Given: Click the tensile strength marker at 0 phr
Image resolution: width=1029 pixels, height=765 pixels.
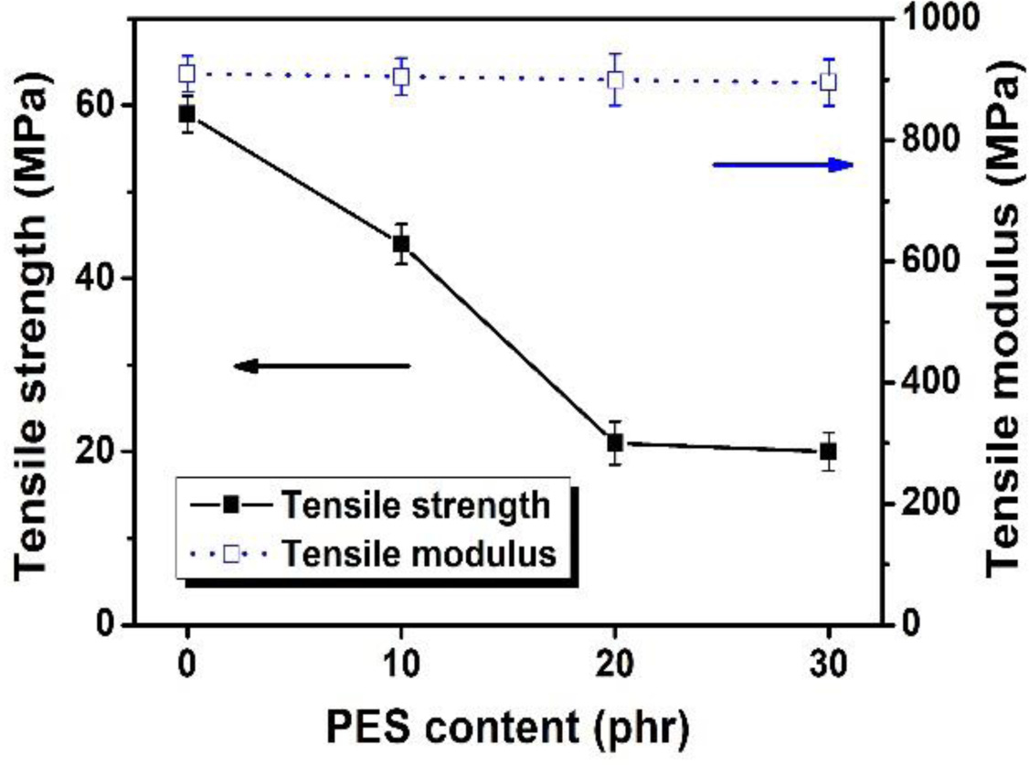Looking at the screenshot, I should point(187,114).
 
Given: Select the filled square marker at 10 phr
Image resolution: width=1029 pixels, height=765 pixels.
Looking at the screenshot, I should point(400,244).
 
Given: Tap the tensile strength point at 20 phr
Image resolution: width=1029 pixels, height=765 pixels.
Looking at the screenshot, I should point(615,443).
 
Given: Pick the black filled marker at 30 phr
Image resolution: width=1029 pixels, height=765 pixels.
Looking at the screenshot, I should point(828,452).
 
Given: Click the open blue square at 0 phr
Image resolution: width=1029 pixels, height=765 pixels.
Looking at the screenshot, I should point(187,73).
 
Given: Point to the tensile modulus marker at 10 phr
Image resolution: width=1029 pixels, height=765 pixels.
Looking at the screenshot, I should point(400,77).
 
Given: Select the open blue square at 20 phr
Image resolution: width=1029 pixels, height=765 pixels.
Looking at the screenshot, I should point(615,80).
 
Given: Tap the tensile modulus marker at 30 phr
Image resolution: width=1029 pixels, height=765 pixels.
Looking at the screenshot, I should point(828,82).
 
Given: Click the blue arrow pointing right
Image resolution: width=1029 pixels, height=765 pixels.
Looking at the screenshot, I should point(783,165).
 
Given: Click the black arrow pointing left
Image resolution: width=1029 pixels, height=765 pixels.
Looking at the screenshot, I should point(323,366).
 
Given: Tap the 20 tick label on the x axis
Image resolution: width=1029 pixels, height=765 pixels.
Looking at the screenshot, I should point(615,662).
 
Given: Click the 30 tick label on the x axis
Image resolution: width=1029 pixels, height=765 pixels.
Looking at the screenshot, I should point(828,662).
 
